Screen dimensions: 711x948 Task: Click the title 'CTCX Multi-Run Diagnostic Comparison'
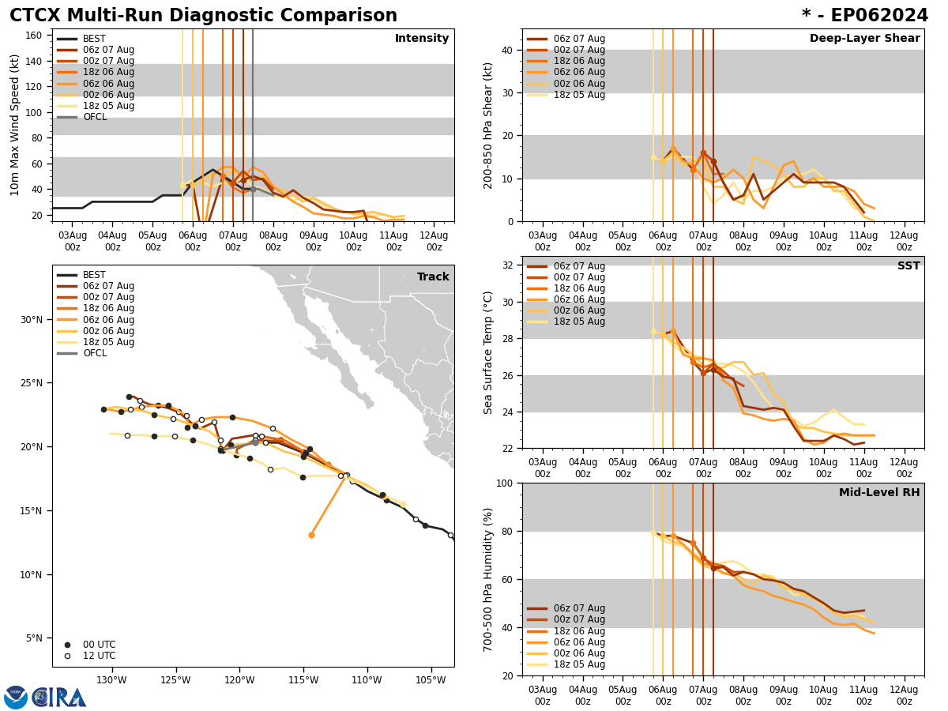pos(203,16)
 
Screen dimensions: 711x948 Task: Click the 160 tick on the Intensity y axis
pos(35,36)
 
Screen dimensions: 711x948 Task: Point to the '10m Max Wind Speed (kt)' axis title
pos(15,125)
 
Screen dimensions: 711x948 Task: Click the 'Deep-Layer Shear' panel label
pos(864,39)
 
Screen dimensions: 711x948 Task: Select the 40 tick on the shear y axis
pos(507,50)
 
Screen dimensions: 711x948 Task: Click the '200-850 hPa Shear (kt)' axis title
pos(488,125)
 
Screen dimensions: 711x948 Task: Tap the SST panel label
pos(908,266)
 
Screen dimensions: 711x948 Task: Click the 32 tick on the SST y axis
pos(507,265)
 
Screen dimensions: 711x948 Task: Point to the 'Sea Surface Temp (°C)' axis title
pos(488,352)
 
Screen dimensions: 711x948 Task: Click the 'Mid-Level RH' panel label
pos(879,493)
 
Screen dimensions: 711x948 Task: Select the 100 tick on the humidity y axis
pos(504,483)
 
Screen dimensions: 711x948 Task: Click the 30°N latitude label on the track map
pos(32,320)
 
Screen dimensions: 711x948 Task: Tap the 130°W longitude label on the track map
pos(111,680)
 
